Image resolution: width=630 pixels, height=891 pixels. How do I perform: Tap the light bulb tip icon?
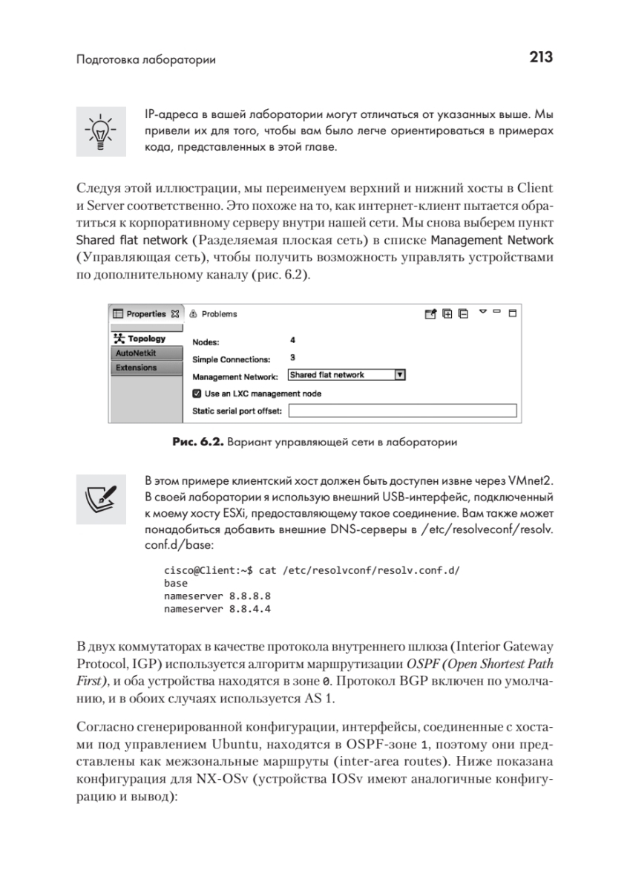pyautogui.click(x=100, y=131)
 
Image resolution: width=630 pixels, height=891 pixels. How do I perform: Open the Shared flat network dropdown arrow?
pyautogui.click(x=399, y=375)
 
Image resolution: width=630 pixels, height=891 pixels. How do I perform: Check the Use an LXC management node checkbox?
pyautogui.click(x=197, y=394)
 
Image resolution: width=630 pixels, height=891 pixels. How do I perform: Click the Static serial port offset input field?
pyautogui.click(x=401, y=411)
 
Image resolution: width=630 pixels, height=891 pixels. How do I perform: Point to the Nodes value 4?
pyautogui.click(x=292, y=340)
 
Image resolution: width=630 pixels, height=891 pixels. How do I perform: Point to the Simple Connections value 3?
pyautogui.click(x=292, y=357)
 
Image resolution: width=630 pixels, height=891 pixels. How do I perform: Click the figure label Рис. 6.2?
pyautogui.click(x=197, y=443)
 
